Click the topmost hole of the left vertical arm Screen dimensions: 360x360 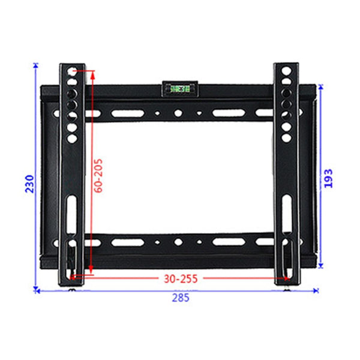pyautogui.click(x=72, y=71)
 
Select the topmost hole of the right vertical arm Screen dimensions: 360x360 pyautogui.click(x=287, y=71)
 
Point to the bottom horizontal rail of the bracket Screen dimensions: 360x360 pyautogui.click(x=180, y=246)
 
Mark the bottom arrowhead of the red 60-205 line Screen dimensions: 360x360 pyautogui.click(x=91, y=273)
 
